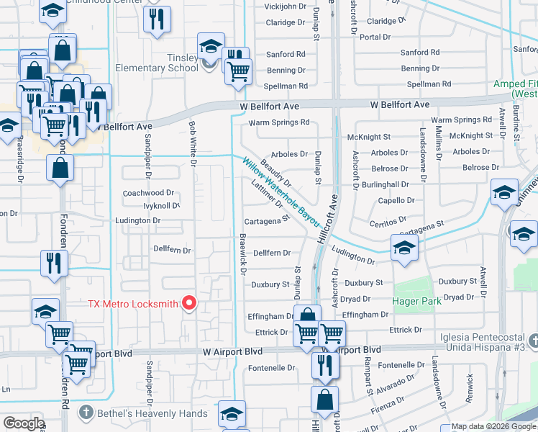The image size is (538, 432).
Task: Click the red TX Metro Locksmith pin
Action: click(x=189, y=303)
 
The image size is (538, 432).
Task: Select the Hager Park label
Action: click(x=416, y=301)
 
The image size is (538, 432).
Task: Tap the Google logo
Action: click(x=23, y=423)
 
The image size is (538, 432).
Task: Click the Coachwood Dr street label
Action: click(x=149, y=193)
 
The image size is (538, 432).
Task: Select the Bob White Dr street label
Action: click(x=192, y=140)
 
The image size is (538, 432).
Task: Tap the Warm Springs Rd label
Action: click(x=278, y=122)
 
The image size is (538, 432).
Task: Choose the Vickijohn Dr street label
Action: click(x=285, y=6)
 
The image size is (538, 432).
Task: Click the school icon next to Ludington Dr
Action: click(x=403, y=248)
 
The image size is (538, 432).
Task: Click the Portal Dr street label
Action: click(x=375, y=37)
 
